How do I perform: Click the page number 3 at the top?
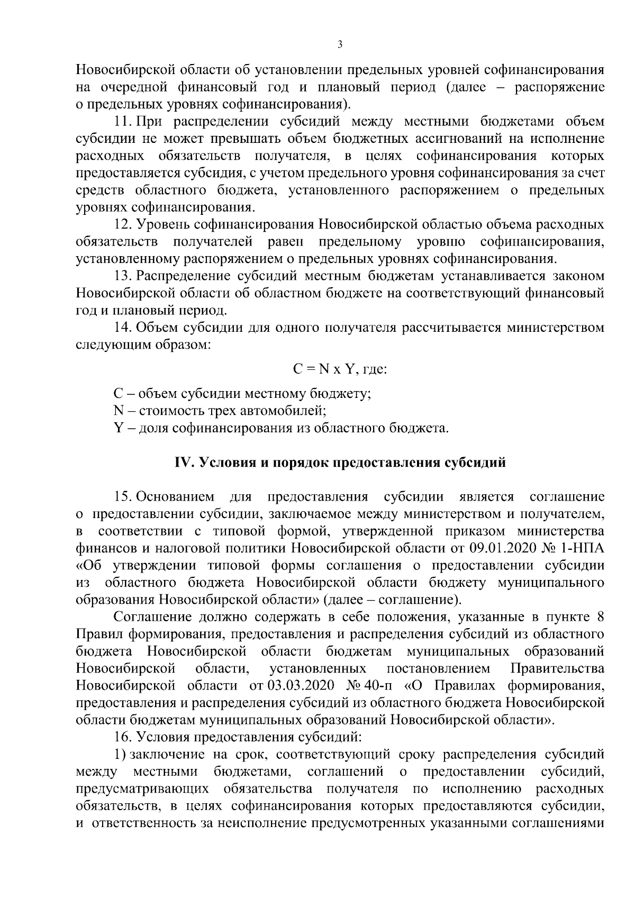point(340,44)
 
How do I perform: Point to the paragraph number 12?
point(123,224)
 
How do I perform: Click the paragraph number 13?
point(123,276)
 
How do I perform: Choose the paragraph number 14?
point(123,328)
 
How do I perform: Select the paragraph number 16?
point(123,736)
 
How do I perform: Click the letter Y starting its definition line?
point(118,428)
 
